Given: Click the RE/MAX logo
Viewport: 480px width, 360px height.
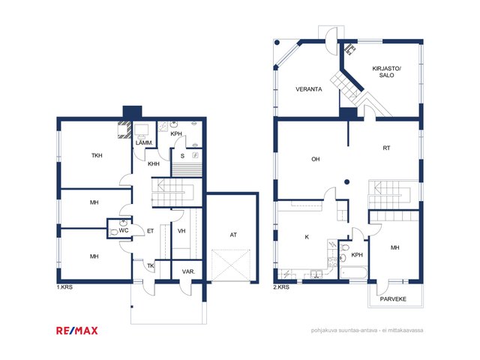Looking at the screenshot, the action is (76, 331).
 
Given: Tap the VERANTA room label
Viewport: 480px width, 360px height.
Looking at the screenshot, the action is (308, 89).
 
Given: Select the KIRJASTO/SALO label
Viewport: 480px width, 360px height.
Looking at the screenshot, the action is (387, 72).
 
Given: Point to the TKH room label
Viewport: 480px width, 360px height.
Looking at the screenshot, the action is (97, 155).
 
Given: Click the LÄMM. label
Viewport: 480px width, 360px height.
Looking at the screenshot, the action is (144, 142).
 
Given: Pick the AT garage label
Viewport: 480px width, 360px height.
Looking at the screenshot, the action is (233, 235).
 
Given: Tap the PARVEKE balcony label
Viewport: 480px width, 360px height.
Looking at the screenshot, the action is (393, 299).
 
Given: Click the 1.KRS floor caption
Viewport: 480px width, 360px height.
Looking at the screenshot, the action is (64, 287).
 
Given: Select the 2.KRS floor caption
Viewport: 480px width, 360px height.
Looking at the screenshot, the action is (281, 287).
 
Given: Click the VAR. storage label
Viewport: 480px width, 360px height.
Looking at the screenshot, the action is (188, 271).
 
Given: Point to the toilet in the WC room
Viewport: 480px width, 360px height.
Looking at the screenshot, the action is (113, 232).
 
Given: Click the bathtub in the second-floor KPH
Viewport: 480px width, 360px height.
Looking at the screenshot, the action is (353, 273).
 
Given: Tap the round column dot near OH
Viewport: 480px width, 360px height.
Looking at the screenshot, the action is (346, 181).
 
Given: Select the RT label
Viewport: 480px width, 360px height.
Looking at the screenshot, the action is (387, 148).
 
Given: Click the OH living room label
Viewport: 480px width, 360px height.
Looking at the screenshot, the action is (315, 159).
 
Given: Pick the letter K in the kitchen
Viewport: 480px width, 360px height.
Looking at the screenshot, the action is (307, 237).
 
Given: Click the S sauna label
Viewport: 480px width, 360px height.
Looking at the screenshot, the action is (182, 156).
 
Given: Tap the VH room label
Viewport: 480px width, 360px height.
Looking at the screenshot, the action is (181, 231).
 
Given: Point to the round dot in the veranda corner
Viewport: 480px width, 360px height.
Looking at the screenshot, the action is (277, 43).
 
